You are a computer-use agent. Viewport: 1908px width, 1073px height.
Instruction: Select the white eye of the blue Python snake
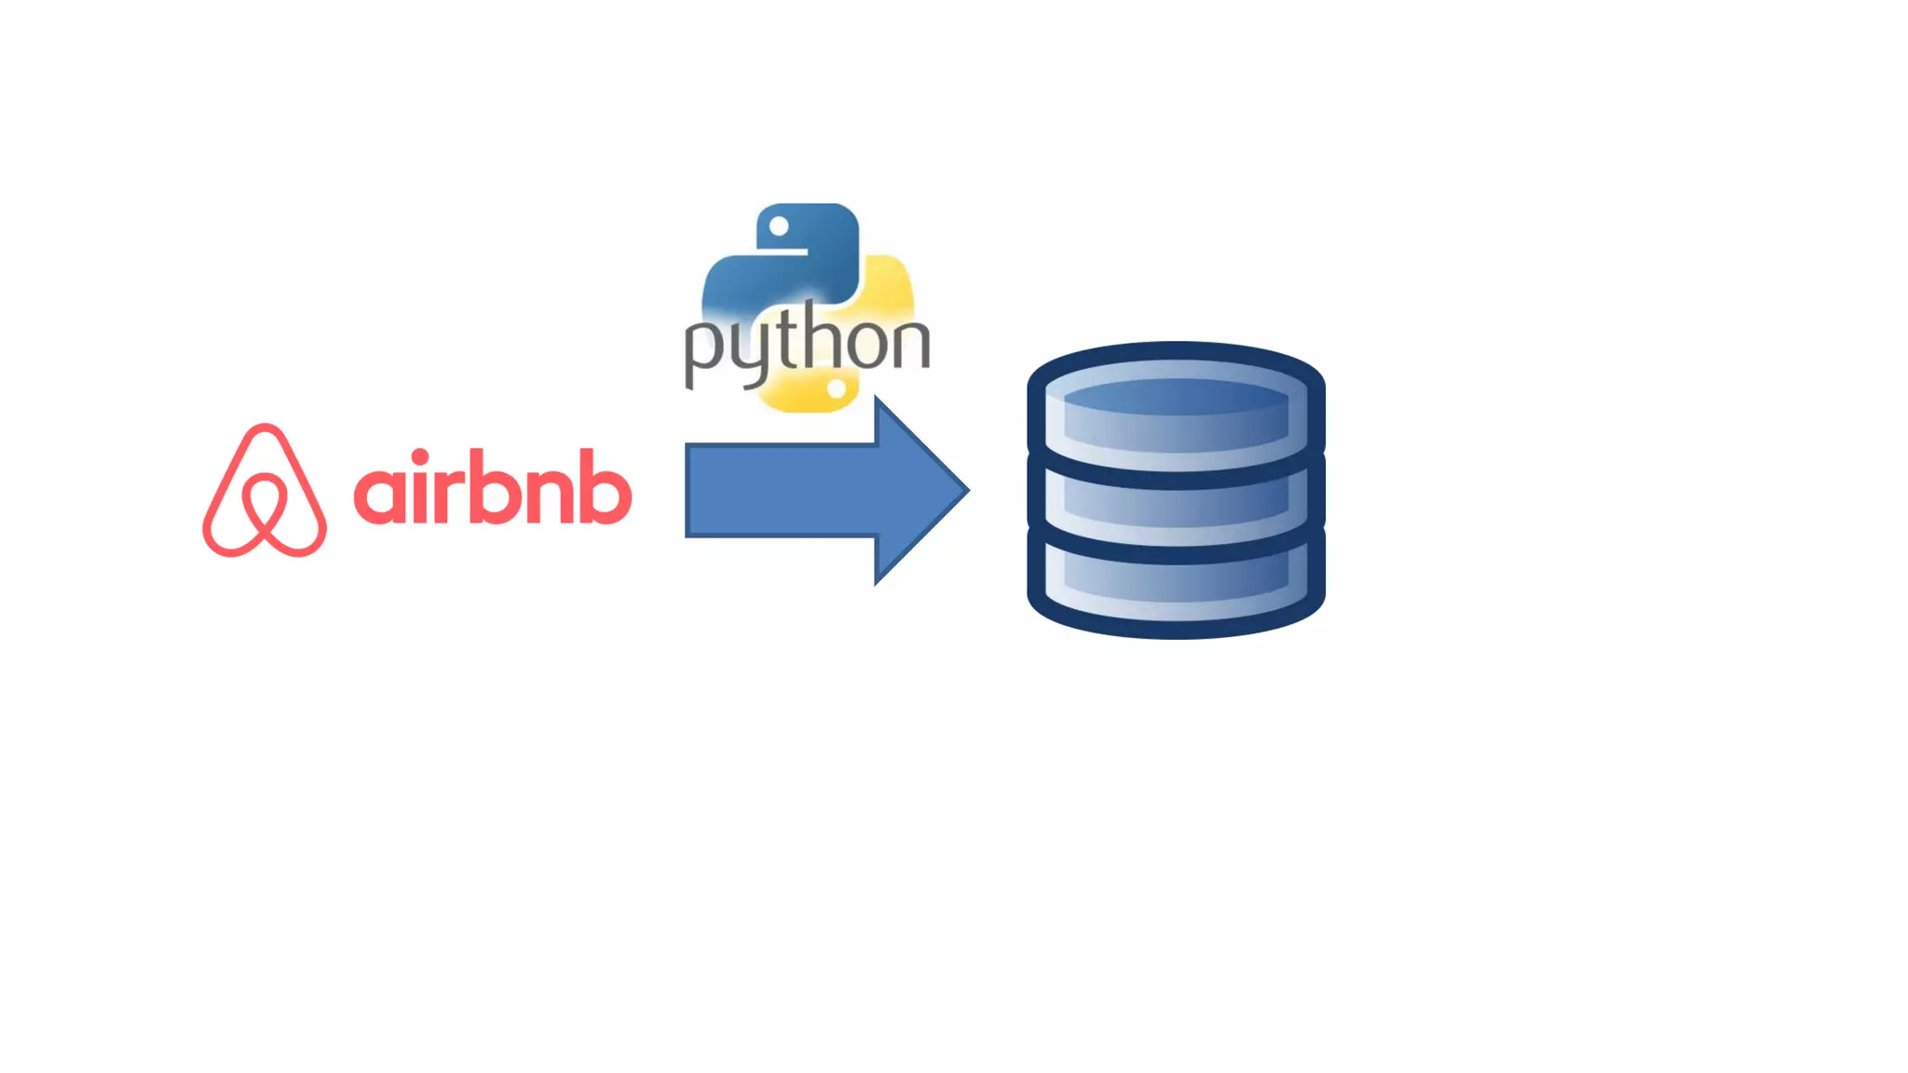pos(780,226)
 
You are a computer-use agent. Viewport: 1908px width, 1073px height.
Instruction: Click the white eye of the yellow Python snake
pos(837,389)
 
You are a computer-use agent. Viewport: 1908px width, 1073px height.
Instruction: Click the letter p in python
pos(706,349)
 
